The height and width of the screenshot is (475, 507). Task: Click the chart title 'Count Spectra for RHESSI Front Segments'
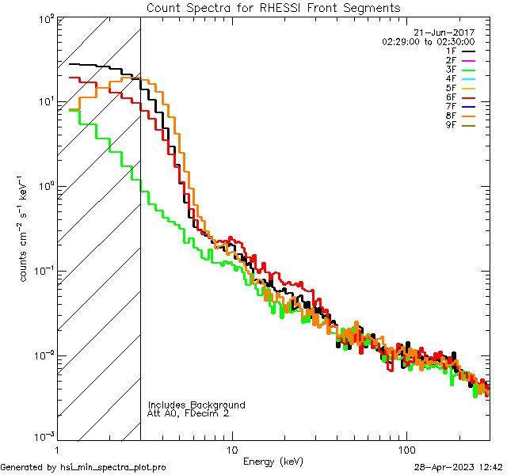click(x=273, y=7)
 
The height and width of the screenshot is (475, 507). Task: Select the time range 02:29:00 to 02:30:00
click(x=428, y=41)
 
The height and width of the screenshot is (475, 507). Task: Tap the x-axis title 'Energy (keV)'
click(x=273, y=461)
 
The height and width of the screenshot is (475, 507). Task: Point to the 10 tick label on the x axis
click(x=231, y=449)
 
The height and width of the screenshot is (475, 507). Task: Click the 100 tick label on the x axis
click(x=406, y=449)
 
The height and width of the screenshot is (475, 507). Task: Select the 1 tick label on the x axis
click(x=57, y=449)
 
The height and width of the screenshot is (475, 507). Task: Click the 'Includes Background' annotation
click(x=196, y=405)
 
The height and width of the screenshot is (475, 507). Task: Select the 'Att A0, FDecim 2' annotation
click(x=189, y=413)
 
